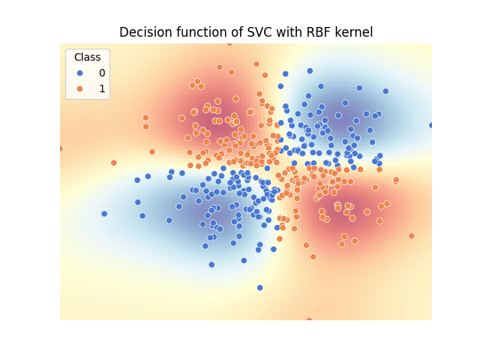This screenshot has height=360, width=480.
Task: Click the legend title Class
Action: (87, 58)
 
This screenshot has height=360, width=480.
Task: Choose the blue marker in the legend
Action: (79, 73)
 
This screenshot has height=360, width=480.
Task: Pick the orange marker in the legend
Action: (79, 88)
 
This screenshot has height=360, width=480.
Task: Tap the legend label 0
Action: (102, 73)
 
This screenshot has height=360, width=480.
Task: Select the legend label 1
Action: (102, 88)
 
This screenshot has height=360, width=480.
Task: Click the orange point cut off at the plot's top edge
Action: (229, 43)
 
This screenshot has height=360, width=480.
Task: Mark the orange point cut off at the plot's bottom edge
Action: (309, 320)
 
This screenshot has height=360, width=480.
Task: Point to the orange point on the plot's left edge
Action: (61, 148)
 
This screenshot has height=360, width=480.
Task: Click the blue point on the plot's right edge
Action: (431, 125)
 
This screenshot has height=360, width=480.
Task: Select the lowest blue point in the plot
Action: (260, 287)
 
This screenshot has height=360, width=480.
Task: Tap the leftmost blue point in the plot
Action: (104, 214)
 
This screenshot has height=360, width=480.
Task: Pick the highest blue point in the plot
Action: (310, 71)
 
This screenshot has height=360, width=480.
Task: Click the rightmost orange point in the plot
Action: (411, 235)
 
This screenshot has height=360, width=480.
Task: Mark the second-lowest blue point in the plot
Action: (211, 264)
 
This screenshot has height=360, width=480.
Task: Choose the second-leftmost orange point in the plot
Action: (114, 163)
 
